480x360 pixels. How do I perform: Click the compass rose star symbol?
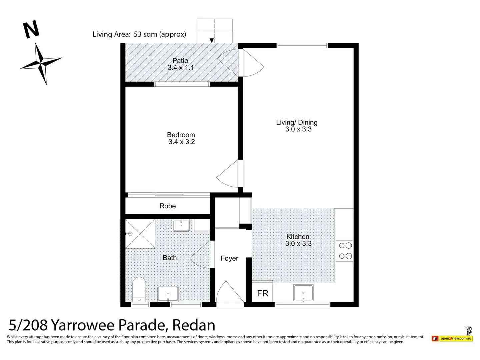click(x=41, y=63)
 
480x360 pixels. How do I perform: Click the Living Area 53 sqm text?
click(x=139, y=34)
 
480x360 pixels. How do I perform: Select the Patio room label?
click(x=180, y=61)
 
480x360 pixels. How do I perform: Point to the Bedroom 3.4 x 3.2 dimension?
click(x=181, y=142)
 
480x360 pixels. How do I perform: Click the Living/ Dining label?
click(x=297, y=122)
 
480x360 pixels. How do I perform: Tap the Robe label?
click(x=167, y=206)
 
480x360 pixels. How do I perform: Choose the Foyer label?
click(x=229, y=258)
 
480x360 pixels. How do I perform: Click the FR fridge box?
click(x=262, y=293)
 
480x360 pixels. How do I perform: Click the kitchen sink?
click(x=303, y=293)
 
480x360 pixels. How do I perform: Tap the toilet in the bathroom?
click(x=139, y=289)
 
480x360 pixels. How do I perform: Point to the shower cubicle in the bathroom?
click(x=140, y=234)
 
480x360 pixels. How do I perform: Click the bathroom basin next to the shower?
click(x=181, y=225)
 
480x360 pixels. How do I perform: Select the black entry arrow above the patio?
click(x=212, y=41)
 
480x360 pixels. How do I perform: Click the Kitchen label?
click(x=298, y=237)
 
